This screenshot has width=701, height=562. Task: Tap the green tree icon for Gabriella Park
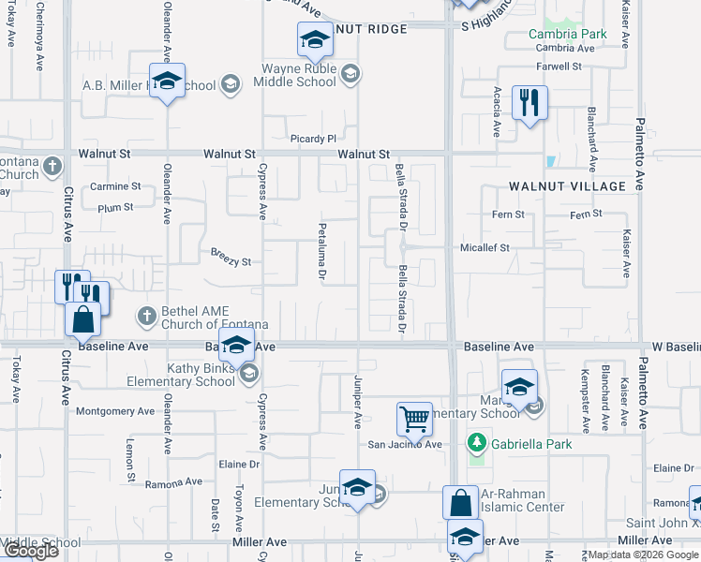[476, 441]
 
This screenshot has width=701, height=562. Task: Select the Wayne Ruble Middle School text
[298, 74]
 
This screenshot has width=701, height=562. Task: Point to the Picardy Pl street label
[312, 139]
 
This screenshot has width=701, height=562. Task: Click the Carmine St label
[115, 186]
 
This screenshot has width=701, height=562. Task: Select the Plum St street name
[115, 207]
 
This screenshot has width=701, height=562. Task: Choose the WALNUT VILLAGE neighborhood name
[567, 186]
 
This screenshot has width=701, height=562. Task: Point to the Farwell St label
[559, 67]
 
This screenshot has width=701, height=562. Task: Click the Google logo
[30, 551]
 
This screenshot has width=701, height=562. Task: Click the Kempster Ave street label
[584, 396]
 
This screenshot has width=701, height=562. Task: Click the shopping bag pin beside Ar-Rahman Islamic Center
[462, 503]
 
